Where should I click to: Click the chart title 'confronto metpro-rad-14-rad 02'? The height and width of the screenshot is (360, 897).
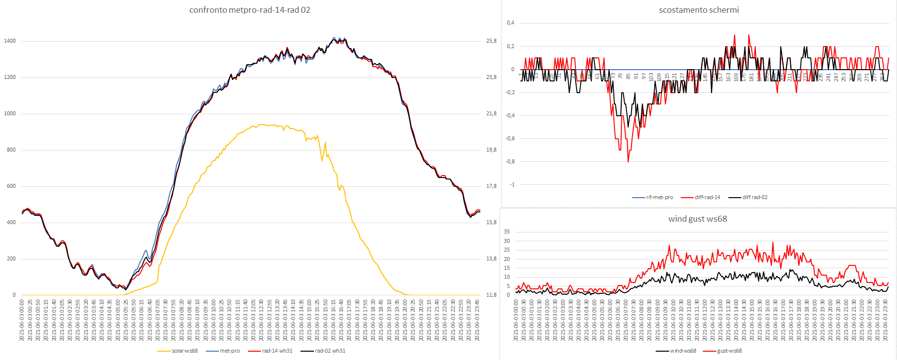[x=249, y=10]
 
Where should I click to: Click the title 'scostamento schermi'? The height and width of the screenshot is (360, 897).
[x=698, y=10]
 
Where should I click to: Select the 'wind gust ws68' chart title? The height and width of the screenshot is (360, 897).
[x=697, y=219]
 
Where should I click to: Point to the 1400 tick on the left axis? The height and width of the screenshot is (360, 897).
[x=10, y=41]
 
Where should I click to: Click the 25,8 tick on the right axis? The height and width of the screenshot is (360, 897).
[x=491, y=41]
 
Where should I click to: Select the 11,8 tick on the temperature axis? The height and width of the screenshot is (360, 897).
[x=491, y=295]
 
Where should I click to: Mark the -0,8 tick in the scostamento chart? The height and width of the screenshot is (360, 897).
[x=510, y=161]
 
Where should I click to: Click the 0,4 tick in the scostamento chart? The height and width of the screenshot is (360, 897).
[x=510, y=23]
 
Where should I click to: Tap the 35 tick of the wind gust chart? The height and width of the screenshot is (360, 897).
[x=507, y=231]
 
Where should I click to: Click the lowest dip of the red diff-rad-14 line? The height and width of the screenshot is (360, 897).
[x=628, y=161]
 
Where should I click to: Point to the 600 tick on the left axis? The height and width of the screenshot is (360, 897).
[x=11, y=186]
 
